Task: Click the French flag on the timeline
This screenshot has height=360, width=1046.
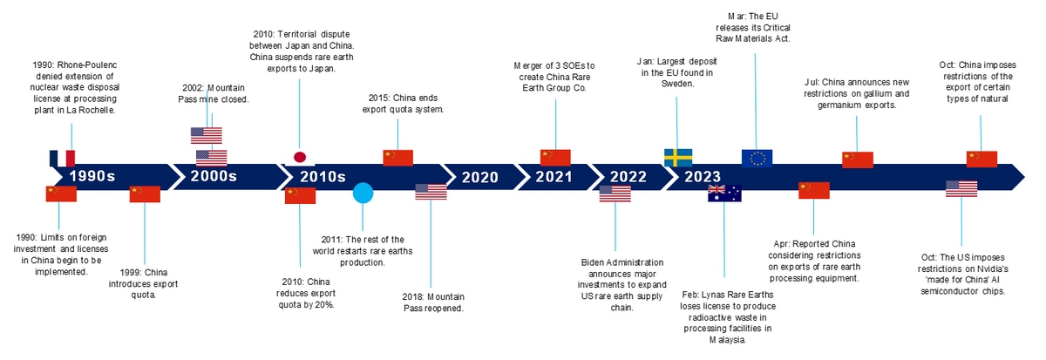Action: (62, 159)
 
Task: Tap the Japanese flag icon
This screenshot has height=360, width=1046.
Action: (300, 158)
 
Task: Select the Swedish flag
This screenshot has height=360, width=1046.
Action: (678, 158)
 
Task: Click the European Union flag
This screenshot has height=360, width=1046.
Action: (757, 159)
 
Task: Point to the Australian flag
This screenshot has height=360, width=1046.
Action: (724, 194)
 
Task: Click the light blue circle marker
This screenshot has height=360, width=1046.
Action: (363, 193)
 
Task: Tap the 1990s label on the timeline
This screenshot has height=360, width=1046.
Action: (92, 176)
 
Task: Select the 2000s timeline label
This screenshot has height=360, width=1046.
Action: (214, 176)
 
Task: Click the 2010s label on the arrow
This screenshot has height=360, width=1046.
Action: (323, 176)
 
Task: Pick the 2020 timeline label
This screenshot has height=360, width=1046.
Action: (480, 177)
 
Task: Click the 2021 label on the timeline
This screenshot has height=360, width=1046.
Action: (554, 176)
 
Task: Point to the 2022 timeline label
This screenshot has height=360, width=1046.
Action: (628, 176)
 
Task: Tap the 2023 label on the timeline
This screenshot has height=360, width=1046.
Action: (703, 176)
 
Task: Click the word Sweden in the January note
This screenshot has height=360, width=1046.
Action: (677, 84)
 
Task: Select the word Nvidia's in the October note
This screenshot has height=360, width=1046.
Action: (991, 269)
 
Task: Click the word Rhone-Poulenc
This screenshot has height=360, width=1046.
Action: (87, 65)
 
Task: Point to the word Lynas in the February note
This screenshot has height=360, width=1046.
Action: (712, 295)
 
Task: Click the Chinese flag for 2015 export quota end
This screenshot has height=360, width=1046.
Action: (397, 158)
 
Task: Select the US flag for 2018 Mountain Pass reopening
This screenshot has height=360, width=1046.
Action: (431, 192)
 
